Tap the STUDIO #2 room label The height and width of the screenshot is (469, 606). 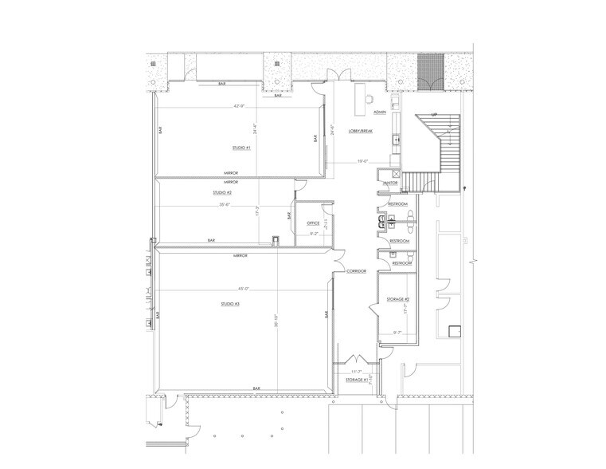(x=222, y=193)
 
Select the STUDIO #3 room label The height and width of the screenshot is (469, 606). (x=232, y=304)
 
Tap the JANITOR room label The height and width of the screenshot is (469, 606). (x=390, y=183)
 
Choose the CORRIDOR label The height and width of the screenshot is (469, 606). (x=355, y=271)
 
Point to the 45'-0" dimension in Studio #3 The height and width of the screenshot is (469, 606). (x=242, y=288)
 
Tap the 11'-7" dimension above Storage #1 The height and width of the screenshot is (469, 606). (x=357, y=372)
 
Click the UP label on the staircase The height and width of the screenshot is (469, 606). (x=434, y=115)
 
